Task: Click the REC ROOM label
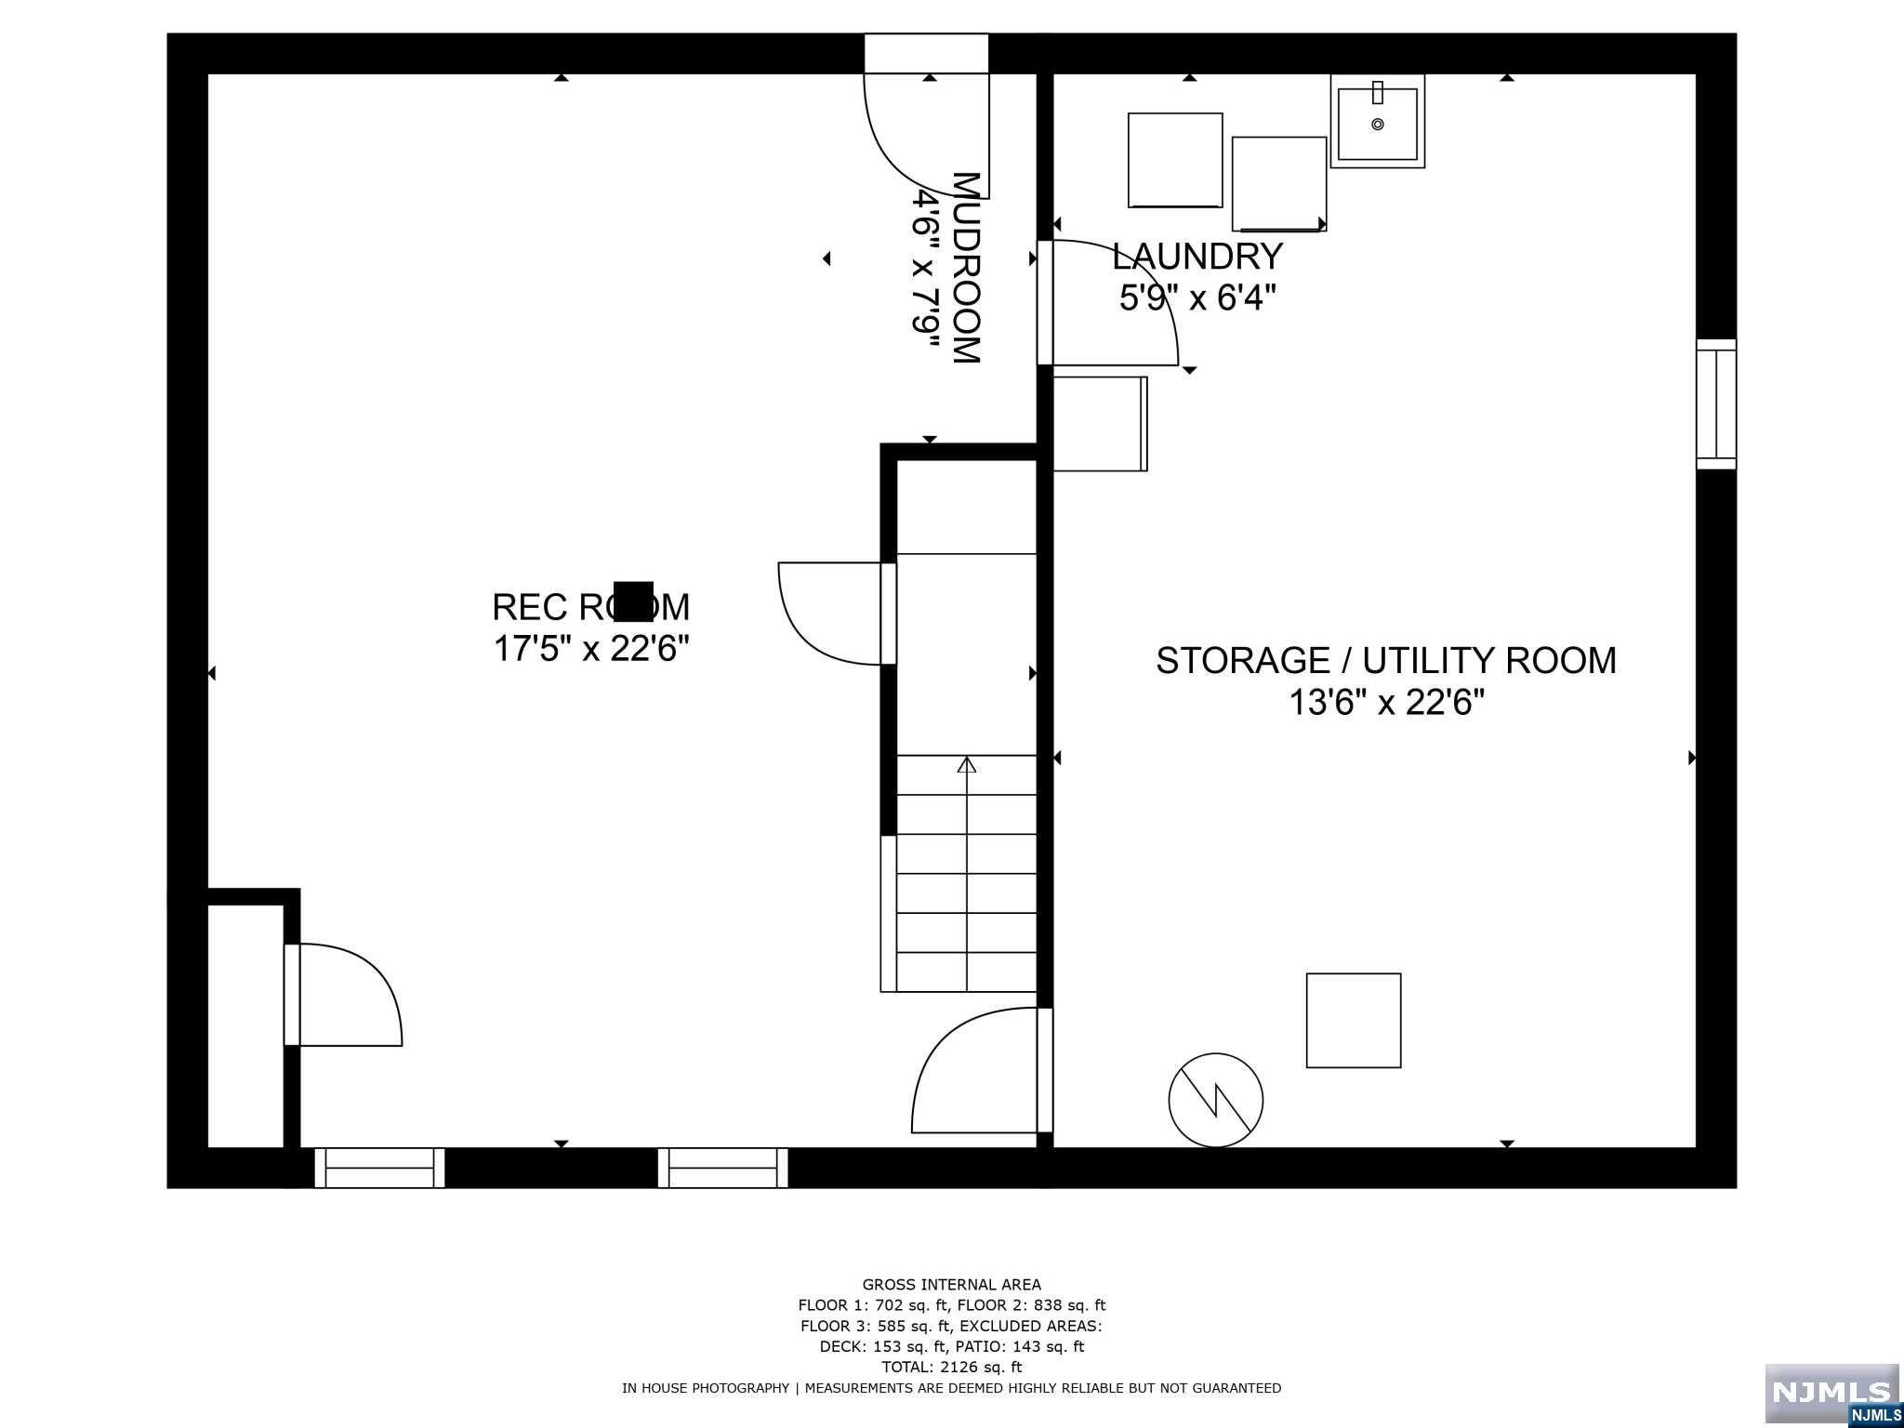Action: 590,607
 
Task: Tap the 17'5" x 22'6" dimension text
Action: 590,649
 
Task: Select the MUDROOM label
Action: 967,268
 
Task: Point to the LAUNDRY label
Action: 1197,256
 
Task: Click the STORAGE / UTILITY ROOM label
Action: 1386,660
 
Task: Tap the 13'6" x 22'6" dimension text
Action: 1386,703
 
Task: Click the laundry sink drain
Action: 1378,124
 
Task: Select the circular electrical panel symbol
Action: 1216,1100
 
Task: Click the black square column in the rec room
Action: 633,601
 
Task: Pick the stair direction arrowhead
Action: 967,765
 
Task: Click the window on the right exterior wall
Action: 1716,404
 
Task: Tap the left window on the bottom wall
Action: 379,1168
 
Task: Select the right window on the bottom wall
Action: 723,1168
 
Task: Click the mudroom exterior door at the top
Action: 926,116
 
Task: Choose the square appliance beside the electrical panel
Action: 1354,1021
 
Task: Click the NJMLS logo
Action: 1832,1394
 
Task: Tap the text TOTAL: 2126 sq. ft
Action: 951,1367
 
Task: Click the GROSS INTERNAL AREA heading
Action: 951,1285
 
